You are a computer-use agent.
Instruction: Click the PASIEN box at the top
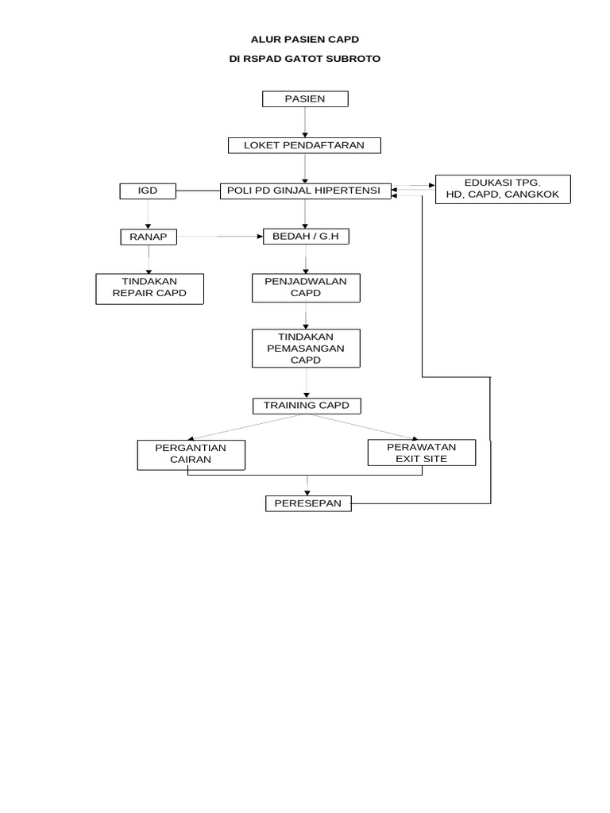[x=305, y=99]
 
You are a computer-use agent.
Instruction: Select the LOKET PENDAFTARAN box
[x=304, y=145]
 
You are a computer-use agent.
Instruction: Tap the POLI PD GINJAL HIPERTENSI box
[x=305, y=191]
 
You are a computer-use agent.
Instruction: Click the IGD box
[x=148, y=191]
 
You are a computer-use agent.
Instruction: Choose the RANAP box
[x=148, y=237]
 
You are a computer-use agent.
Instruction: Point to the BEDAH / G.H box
[x=305, y=237]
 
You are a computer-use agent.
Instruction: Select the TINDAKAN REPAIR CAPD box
[x=149, y=288]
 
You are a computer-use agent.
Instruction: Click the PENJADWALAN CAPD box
[x=305, y=288]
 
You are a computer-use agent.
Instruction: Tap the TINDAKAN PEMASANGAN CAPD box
[x=305, y=349]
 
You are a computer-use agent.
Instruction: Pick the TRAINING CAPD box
[x=305, y=406]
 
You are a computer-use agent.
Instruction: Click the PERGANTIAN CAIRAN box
[x=191, y=454]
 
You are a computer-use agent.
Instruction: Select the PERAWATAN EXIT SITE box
[x=422, y=453]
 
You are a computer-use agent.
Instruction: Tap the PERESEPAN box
[x=307, y=503]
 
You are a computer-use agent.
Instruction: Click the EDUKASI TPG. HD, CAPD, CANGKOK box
[x=502, y=189]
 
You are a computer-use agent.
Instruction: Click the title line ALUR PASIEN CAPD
[x=305, y=38]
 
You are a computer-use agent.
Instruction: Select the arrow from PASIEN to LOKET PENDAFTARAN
[x=305, y=122]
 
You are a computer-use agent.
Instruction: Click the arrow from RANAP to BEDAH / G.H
[x=220, y=237]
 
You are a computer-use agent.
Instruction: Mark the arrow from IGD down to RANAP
[x=148, y=214]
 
